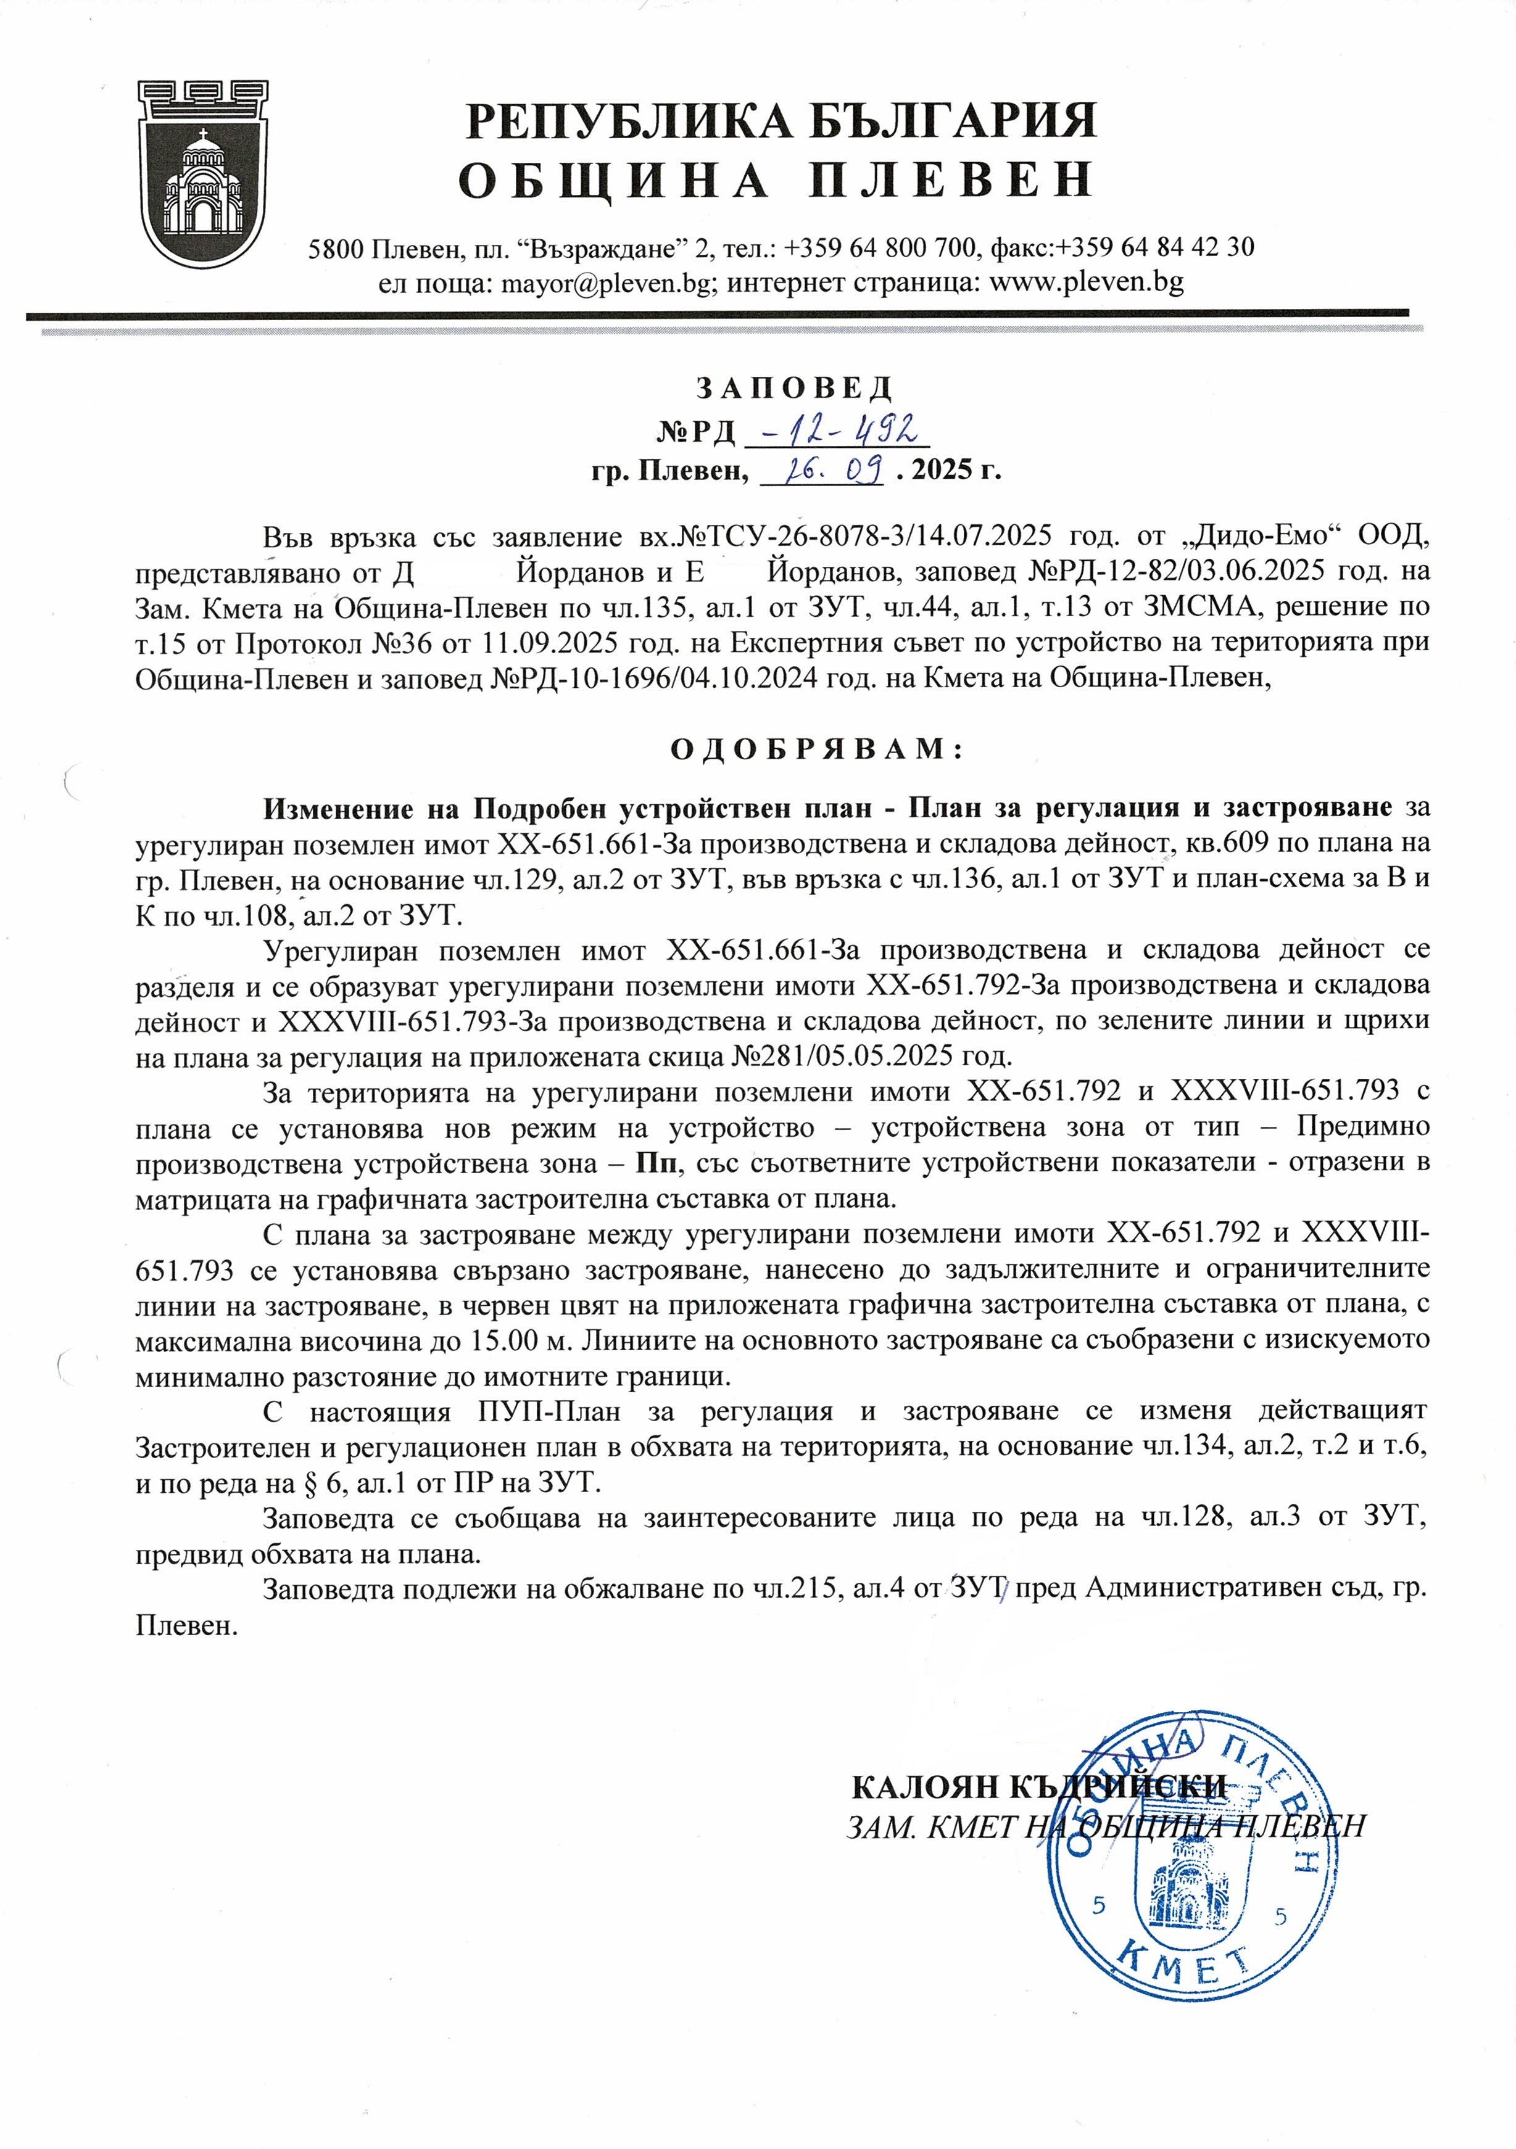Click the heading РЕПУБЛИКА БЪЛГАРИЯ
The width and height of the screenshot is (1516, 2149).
tap(782, 122)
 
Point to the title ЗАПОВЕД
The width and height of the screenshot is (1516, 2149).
tap(794, 387)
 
